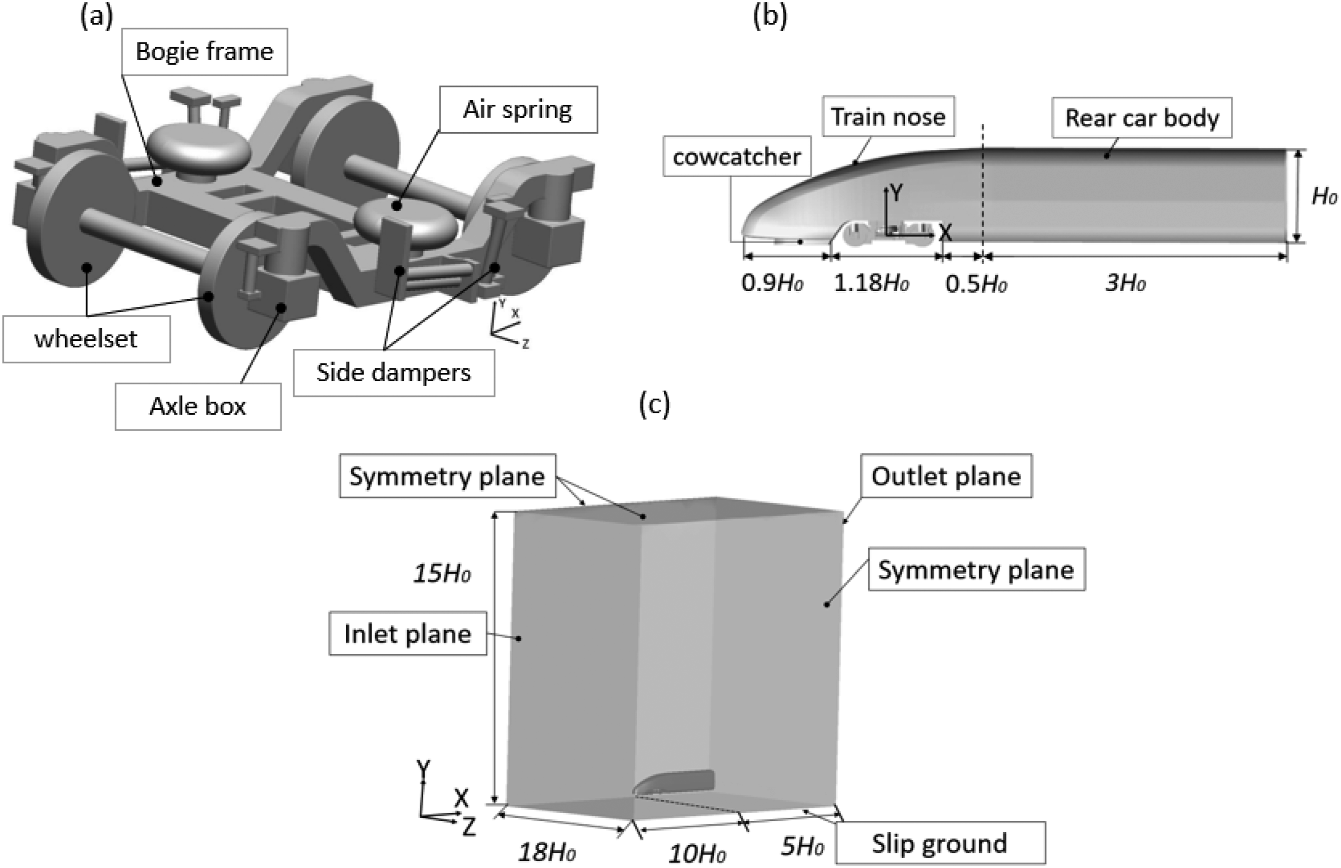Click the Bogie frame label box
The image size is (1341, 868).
(x=205, y=52)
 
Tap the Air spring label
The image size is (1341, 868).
(x=518, y=109)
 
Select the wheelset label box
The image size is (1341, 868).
(x=86, y=339)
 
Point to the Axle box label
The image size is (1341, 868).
(x=198, y=406)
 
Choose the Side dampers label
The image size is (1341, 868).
(x=394, y=372)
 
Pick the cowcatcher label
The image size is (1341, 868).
(x=737, y=156)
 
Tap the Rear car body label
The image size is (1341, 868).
(x=1142, y=118)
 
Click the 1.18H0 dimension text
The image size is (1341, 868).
(x=871, y=283)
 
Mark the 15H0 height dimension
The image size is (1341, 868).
(x=442, y=573)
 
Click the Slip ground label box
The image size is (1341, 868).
(x=940, y=843)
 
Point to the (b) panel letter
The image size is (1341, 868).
(x=770, y=16)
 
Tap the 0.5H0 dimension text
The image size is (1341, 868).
(x=976, y=284)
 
